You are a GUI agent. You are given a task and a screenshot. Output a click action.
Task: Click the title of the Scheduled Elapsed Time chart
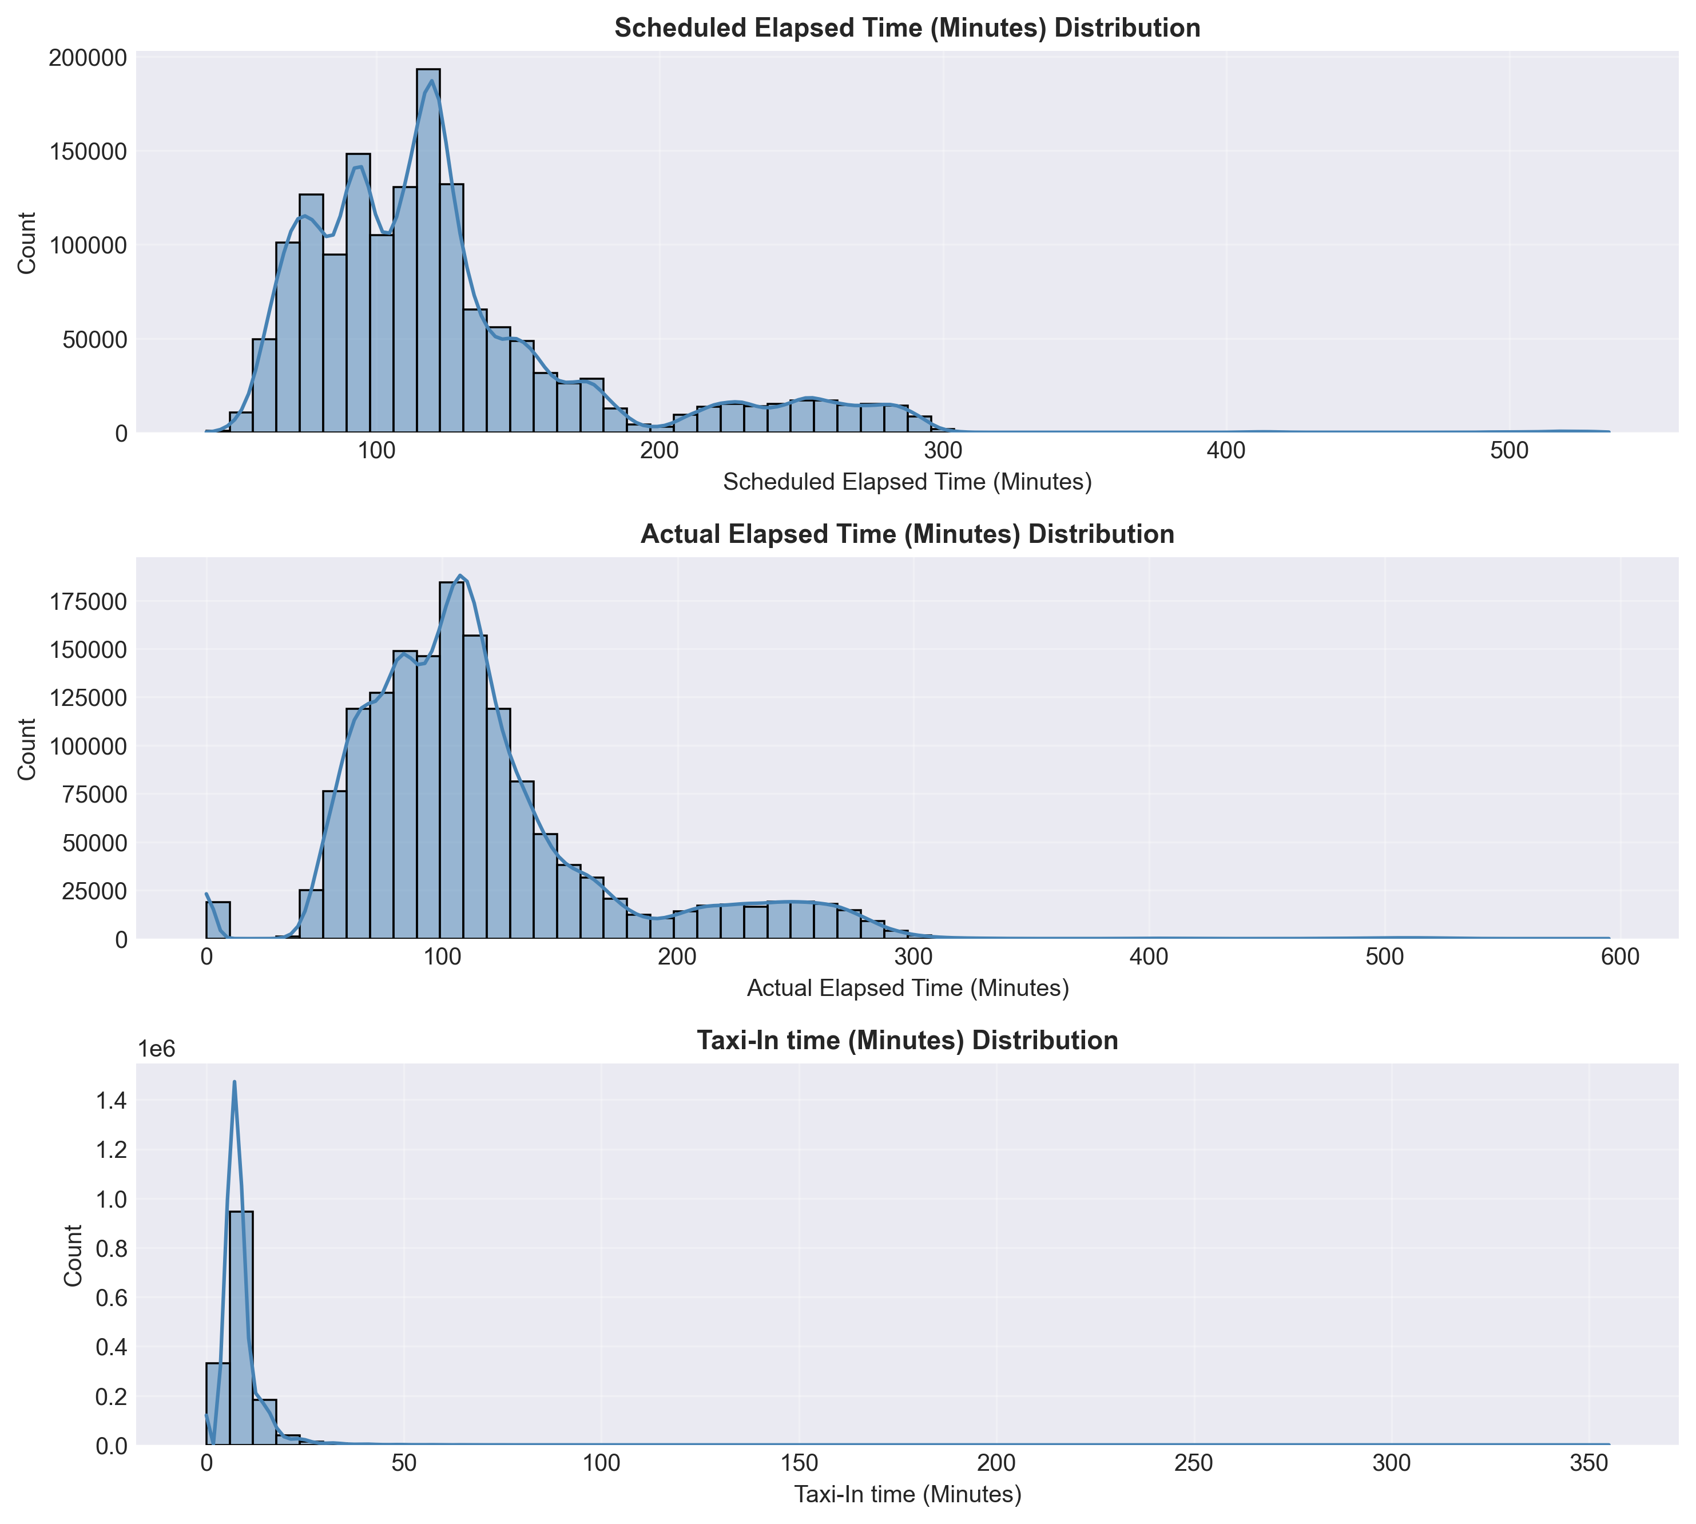pos(907,27)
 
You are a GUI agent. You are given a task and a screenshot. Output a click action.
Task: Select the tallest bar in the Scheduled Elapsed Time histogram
pos(428,251)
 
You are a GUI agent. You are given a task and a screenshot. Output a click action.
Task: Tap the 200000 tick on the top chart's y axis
pos(87,58)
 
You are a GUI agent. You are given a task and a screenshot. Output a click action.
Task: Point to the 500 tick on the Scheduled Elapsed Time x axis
pos(1510,450)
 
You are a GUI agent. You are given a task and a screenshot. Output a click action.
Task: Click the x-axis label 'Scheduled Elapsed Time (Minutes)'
pos(907,482)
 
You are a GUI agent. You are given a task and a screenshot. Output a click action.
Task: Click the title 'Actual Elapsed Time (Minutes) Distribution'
pos(907,534)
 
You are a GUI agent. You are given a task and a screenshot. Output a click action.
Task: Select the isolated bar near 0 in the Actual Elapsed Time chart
pos(218,919)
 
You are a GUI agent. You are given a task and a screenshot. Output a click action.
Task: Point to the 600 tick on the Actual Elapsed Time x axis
pos(1620,957)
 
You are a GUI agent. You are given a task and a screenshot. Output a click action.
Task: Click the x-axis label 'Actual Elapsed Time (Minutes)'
pos(907,988)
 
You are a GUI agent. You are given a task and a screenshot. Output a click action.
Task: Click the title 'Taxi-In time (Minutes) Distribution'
pos(907,1041)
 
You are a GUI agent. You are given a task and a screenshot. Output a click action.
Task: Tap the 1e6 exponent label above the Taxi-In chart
pos(157,1049)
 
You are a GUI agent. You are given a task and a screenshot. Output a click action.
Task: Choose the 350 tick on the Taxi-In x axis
pos(1589,1463)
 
